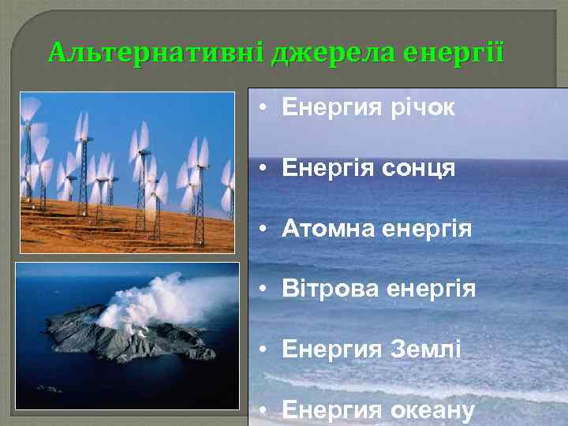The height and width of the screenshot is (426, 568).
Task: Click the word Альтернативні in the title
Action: pyautogui.click(x=155, y=53)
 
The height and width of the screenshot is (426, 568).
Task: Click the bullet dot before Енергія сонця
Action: pyautogui.click(x=265, y=169)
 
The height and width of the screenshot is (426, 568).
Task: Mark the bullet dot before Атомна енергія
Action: pyautogui.click(x=265, y=230)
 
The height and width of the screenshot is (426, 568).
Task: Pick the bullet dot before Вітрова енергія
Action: pyautogui.click(x=265, y=290)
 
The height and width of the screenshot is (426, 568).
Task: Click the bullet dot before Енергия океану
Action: pyautogui.click(x=265, y=410)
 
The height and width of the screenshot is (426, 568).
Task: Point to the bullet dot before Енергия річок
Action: pyautogui.click(x=265, y=108)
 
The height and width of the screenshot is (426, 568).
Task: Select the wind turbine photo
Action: pyautogui.click(x=126, y=172)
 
